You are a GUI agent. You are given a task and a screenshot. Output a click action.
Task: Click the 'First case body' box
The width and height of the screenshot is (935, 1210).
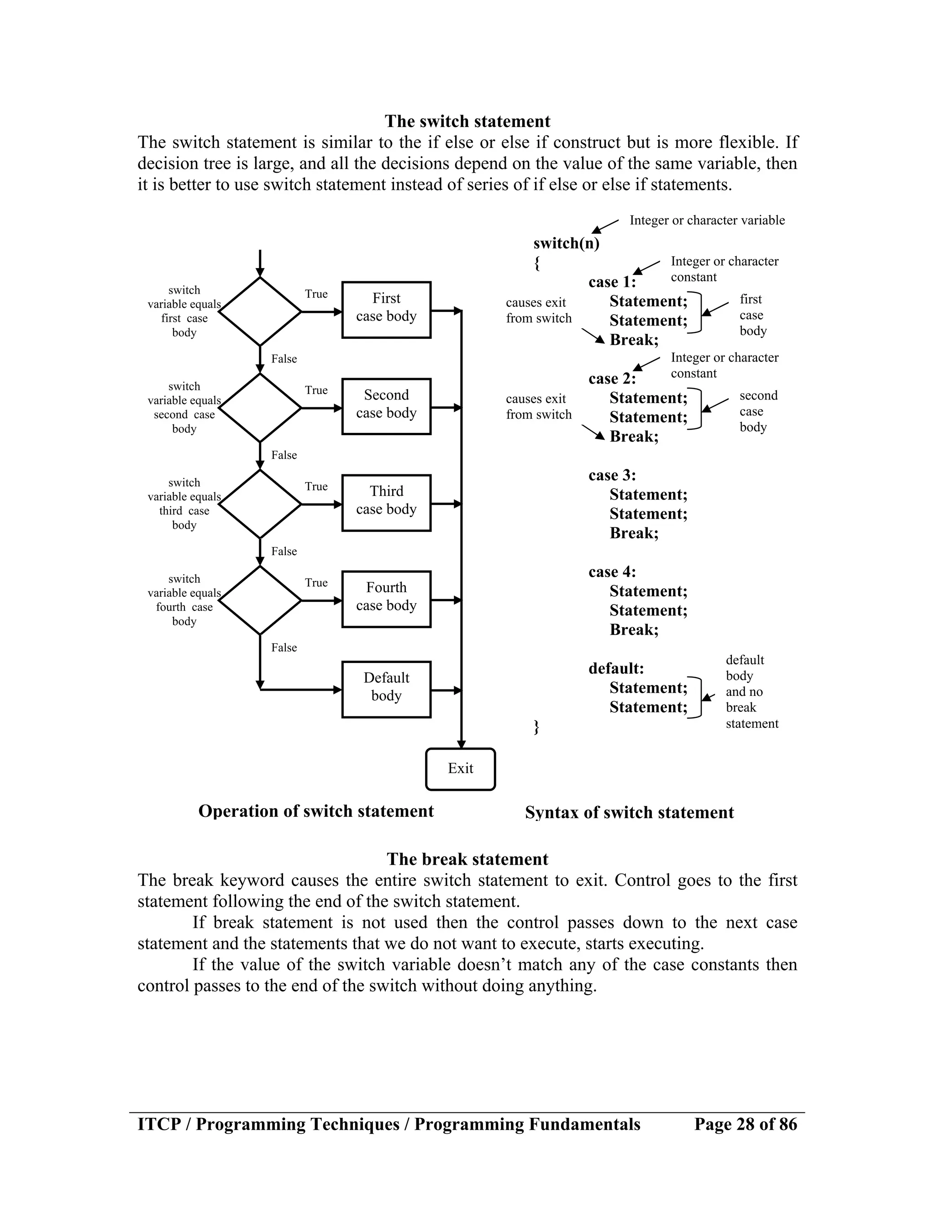[386, 310]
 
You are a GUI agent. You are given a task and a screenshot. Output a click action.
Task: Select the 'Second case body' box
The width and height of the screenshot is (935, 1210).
[386, 406]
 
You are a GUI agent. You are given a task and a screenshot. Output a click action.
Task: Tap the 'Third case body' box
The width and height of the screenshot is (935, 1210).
[386, 503]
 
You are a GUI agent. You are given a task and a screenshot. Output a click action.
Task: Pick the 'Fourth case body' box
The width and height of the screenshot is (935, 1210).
[386, 599]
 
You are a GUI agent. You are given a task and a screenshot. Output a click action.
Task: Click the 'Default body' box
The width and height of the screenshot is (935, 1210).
[386, 689]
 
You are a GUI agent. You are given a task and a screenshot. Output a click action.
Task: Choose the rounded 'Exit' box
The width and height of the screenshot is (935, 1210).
[460, 769]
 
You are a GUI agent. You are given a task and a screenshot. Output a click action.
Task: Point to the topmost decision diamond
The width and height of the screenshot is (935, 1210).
[260, 311]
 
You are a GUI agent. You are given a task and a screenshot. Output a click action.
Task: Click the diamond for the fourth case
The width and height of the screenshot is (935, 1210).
[260, 600]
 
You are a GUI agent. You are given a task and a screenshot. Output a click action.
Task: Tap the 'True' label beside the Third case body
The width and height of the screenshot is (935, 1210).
[316, 486]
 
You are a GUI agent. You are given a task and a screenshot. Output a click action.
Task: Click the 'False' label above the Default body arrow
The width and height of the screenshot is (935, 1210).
[284, 647]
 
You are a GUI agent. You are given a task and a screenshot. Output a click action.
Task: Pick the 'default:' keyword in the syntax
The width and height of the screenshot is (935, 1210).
[616, 668]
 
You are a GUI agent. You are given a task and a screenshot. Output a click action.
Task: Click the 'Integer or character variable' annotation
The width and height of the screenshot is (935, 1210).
[707, 221]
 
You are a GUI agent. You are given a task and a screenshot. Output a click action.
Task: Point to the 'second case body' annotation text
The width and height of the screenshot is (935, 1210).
[758, 411]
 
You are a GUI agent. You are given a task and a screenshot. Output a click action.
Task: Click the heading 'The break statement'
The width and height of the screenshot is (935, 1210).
[467, 859]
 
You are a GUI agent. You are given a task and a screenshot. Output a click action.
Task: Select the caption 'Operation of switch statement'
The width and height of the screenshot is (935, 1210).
[316, 811]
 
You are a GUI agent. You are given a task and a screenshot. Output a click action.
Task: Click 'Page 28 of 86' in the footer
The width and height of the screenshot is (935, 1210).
[745, 1124]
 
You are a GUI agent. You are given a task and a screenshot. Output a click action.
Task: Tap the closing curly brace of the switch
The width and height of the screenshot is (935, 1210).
[536, 727]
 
